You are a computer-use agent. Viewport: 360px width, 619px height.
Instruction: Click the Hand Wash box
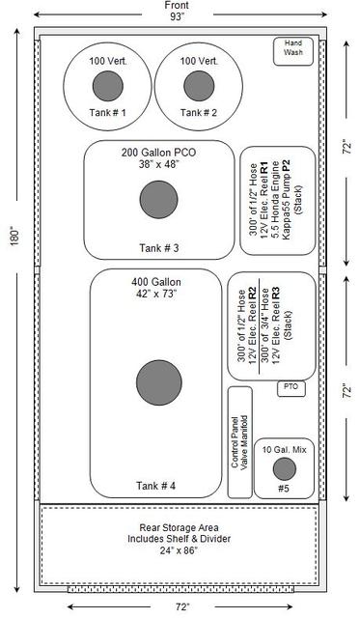pyautogui.click(x=293, y=51)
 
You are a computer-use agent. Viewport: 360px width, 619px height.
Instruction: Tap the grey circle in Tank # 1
pyautogui.click(x=108, y=86)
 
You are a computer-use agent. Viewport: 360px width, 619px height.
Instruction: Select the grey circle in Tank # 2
pyautogui.click(x=199, y=86)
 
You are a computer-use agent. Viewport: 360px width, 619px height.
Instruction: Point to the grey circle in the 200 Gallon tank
pyautogui.click(x=158, y=199)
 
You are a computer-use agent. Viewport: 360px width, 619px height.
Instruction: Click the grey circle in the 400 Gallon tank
pyautogui.click(x=159, y=382)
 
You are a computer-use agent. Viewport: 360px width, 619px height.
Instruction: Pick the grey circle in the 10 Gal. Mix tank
pyautogui.click(x=284, y=469)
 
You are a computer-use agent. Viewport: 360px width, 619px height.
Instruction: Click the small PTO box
pyautogui.click(x=291, y=389)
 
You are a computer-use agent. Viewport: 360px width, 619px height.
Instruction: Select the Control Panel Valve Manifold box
pyautogui.click(x=240, y=442)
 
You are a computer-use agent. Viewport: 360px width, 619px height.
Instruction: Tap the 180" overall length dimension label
pyautogui.click(x=14, y=236)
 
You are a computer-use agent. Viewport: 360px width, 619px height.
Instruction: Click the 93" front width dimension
pyautogui.click(x=178, y=16)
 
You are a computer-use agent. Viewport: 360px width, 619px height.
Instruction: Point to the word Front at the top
pyautogui.click(x=177, y=6)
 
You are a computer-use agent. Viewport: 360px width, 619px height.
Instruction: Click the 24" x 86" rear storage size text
pyautogui.click(x=179, y=550)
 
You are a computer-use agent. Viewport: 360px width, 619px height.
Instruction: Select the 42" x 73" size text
pyautogui.click(x=157, y=294)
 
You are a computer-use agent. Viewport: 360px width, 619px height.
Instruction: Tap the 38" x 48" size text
pyautogui.click(x=158, y=164)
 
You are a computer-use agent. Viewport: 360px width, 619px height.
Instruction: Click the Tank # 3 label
pyautogui.click(x=158, y=248)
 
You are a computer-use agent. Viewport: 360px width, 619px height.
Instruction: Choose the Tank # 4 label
pyautogui.click(x=156, y=486)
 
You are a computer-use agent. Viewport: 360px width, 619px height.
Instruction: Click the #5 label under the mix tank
pyautogui.click(x=284, y=489)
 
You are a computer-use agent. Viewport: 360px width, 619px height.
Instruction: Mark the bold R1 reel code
pyautogui.click(x=264, y=167)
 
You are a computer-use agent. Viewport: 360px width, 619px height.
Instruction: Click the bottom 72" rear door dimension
pyautogui.click(x=182, y=606)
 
